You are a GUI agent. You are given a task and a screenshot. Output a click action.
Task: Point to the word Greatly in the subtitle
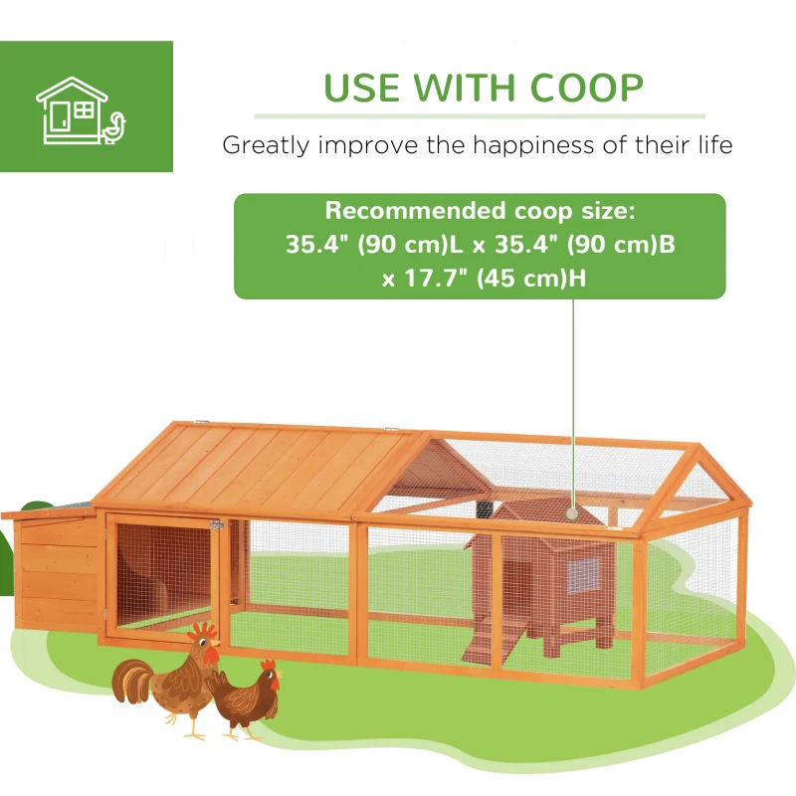click(262, 145)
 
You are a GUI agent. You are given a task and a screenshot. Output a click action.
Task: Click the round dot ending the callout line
click(573, 512)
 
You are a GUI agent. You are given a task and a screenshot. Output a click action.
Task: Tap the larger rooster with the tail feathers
click(169, 682)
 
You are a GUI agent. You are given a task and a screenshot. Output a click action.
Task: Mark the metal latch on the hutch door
click(215, 524)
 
